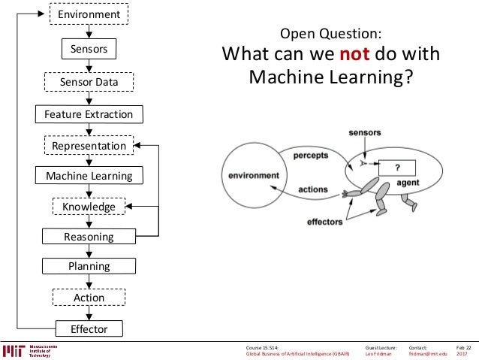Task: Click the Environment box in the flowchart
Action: click(89, 14)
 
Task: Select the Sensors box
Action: click(89, 50)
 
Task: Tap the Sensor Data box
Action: click(89, 81)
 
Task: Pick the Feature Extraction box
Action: click(89, 114)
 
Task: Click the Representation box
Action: click(89, 145)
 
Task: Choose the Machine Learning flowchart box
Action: click(89, 176)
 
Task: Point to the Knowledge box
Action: click(89, 207)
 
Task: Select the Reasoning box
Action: click(89, 237)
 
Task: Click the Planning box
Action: click(89, 266)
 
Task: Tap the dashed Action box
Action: click(89, 298)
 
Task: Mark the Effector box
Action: click(89, 329)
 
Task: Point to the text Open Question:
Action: click(330, 34)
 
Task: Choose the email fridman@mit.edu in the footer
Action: click(428, 354)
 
